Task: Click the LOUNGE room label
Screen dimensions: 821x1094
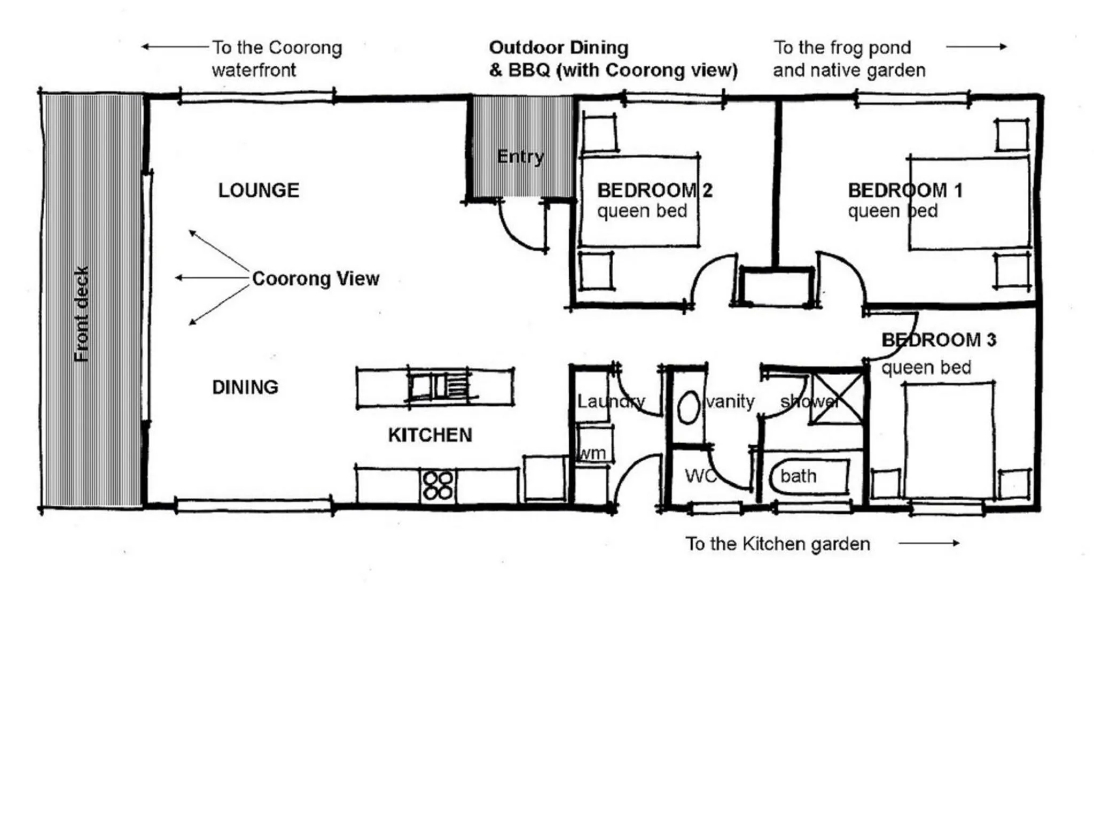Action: (259, 190)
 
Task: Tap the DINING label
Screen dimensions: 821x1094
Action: (245, 387)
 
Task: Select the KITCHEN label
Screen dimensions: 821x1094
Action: (430, 435)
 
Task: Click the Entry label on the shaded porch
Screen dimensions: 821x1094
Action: (520, 157)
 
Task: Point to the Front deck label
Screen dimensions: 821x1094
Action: (81, 314)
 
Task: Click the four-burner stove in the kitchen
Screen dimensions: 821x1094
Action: (438, 485)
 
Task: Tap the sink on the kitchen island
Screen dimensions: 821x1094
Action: (439, 386)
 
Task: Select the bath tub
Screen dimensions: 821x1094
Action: (809, 476)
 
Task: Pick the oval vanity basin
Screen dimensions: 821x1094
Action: (689, 407)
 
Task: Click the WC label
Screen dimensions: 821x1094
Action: (700, 476)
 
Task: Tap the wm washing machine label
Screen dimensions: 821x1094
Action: (592, 453)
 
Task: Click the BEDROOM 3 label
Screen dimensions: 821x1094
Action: (939, 340)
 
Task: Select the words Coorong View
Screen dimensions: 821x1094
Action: (316, 278)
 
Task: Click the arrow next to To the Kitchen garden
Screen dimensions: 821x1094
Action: (929, 543)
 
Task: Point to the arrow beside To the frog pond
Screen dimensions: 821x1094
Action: (976, 47)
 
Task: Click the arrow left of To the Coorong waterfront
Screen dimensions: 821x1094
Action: (175, 47)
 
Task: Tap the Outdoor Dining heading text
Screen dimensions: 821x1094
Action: (559, 48)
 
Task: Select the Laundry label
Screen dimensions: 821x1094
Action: (611, 401)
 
